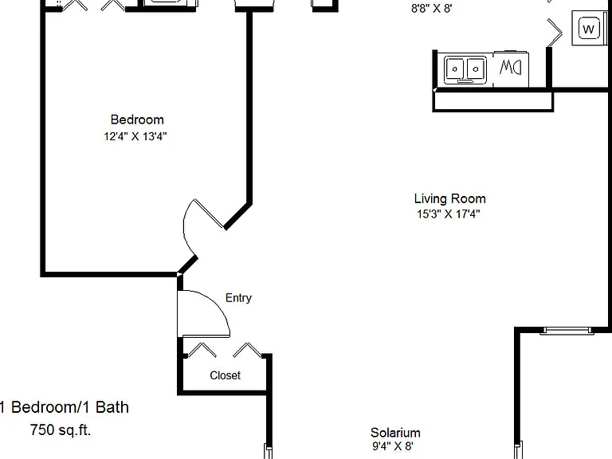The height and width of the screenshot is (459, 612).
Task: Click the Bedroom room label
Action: pyautogui.click(x=137, y=120)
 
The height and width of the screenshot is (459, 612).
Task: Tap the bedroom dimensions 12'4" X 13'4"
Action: pyautogui.click(x=135, y=136)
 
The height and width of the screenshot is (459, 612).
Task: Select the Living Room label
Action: pyautogui.click(x=449, y=198)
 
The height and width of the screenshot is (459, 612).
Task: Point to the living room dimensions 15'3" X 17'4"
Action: pyautogui.click(x=449, y=214)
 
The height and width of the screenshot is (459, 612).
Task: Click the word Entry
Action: pyautogui.click(x=238, y=298)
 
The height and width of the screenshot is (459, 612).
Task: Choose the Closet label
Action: pyautogui.click(x=226, y=375)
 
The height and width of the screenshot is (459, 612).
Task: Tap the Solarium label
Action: pyautogui.click(x=395, y=433)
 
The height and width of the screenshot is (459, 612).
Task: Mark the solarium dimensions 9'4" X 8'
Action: pyautogui.click(x=393, y=445)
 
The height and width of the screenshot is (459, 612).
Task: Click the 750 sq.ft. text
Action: pyautogui.click(x=61, y=430)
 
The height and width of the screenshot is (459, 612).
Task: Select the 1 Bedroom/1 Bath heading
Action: pyautogui.click(x=65, y=407)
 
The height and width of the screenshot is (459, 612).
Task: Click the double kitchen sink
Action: pyautogui.click(x=465, y=70)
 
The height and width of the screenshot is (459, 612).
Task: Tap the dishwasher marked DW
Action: pyautogui.click(x=511, y=69)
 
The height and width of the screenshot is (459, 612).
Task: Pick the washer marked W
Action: pyautogui.click(x=589, y=28)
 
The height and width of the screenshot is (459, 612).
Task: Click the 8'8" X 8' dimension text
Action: pyautogui.click(x=432, y=8)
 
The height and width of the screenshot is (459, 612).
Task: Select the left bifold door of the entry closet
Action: pyautogui.click(x=202, y=350)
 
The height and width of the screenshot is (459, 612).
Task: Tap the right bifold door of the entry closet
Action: pyautogui.click(x=248, y=350)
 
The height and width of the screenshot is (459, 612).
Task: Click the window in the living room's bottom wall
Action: pyautogui.click(x=567, y=331)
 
